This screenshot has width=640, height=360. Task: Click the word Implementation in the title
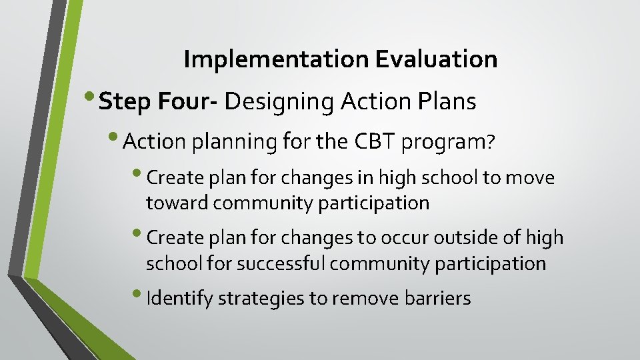pos(277,60)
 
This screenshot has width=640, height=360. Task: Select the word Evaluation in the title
pos(436,60)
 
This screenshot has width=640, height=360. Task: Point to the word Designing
pos(279,102)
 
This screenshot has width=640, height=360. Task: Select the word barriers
pos(437,299)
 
